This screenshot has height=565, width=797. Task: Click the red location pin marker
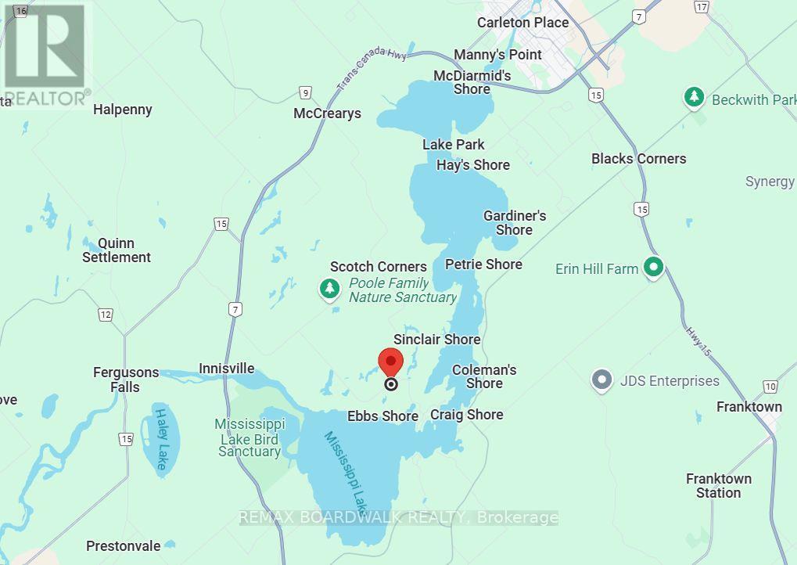click(x=390, y=362)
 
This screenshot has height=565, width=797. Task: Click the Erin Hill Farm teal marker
click(x=653, y=268)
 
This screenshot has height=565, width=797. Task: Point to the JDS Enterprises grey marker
click(x=601, y=381)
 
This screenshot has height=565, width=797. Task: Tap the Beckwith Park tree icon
click(x=693, y=98)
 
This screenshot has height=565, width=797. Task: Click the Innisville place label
click(x=226, y=369)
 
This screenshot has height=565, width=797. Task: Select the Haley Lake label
click(x=161, y=440)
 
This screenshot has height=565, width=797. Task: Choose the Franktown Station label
click(x=719, y=485)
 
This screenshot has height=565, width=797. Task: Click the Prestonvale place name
click(x=124, y=546)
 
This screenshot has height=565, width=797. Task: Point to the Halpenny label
click(x=122, y=110)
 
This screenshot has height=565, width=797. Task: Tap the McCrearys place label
click(x=327, y=113)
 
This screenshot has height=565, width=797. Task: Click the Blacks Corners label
click(x=638, y=159)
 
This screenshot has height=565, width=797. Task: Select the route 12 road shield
click(x=106, y=315)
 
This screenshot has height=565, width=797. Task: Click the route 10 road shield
click(x=770, y=386)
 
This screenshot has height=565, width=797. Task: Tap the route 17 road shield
click(x=701, y=7)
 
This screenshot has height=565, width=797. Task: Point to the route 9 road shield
click(x=305, y=92)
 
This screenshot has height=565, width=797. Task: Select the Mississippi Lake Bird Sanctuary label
click(x=250, y=437)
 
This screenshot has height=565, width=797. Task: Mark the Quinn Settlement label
click(x=117, y=250)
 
